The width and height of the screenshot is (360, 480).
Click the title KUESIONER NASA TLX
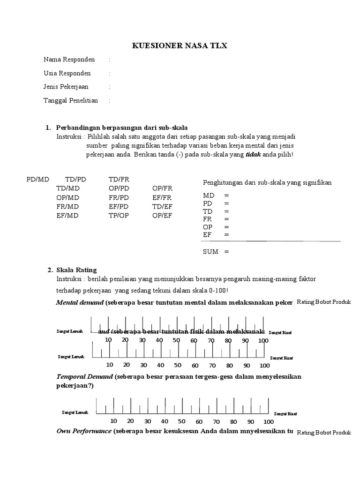tap(180, 45)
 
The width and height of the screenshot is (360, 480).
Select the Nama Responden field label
tap(69, 60)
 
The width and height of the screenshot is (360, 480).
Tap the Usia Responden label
tap(67, 73)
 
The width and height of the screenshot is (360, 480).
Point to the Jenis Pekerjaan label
tap(66, 87)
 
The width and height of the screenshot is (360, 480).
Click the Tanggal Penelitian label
tap(70, 100)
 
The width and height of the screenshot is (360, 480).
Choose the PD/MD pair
tap(37, 180)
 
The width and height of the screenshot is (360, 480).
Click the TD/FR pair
tap(119, 180)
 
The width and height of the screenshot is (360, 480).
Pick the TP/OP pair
tap(119, 216)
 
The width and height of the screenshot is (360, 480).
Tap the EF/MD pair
tap(67, 216)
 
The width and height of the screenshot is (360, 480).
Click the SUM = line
tap(216, 252)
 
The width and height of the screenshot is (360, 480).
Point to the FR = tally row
tap(216, 219)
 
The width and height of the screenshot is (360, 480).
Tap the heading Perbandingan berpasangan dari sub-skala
tap(122, 127)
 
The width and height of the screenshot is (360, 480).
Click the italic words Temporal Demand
tap(84, 376)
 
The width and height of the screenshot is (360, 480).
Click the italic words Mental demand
tap(79, 303)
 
